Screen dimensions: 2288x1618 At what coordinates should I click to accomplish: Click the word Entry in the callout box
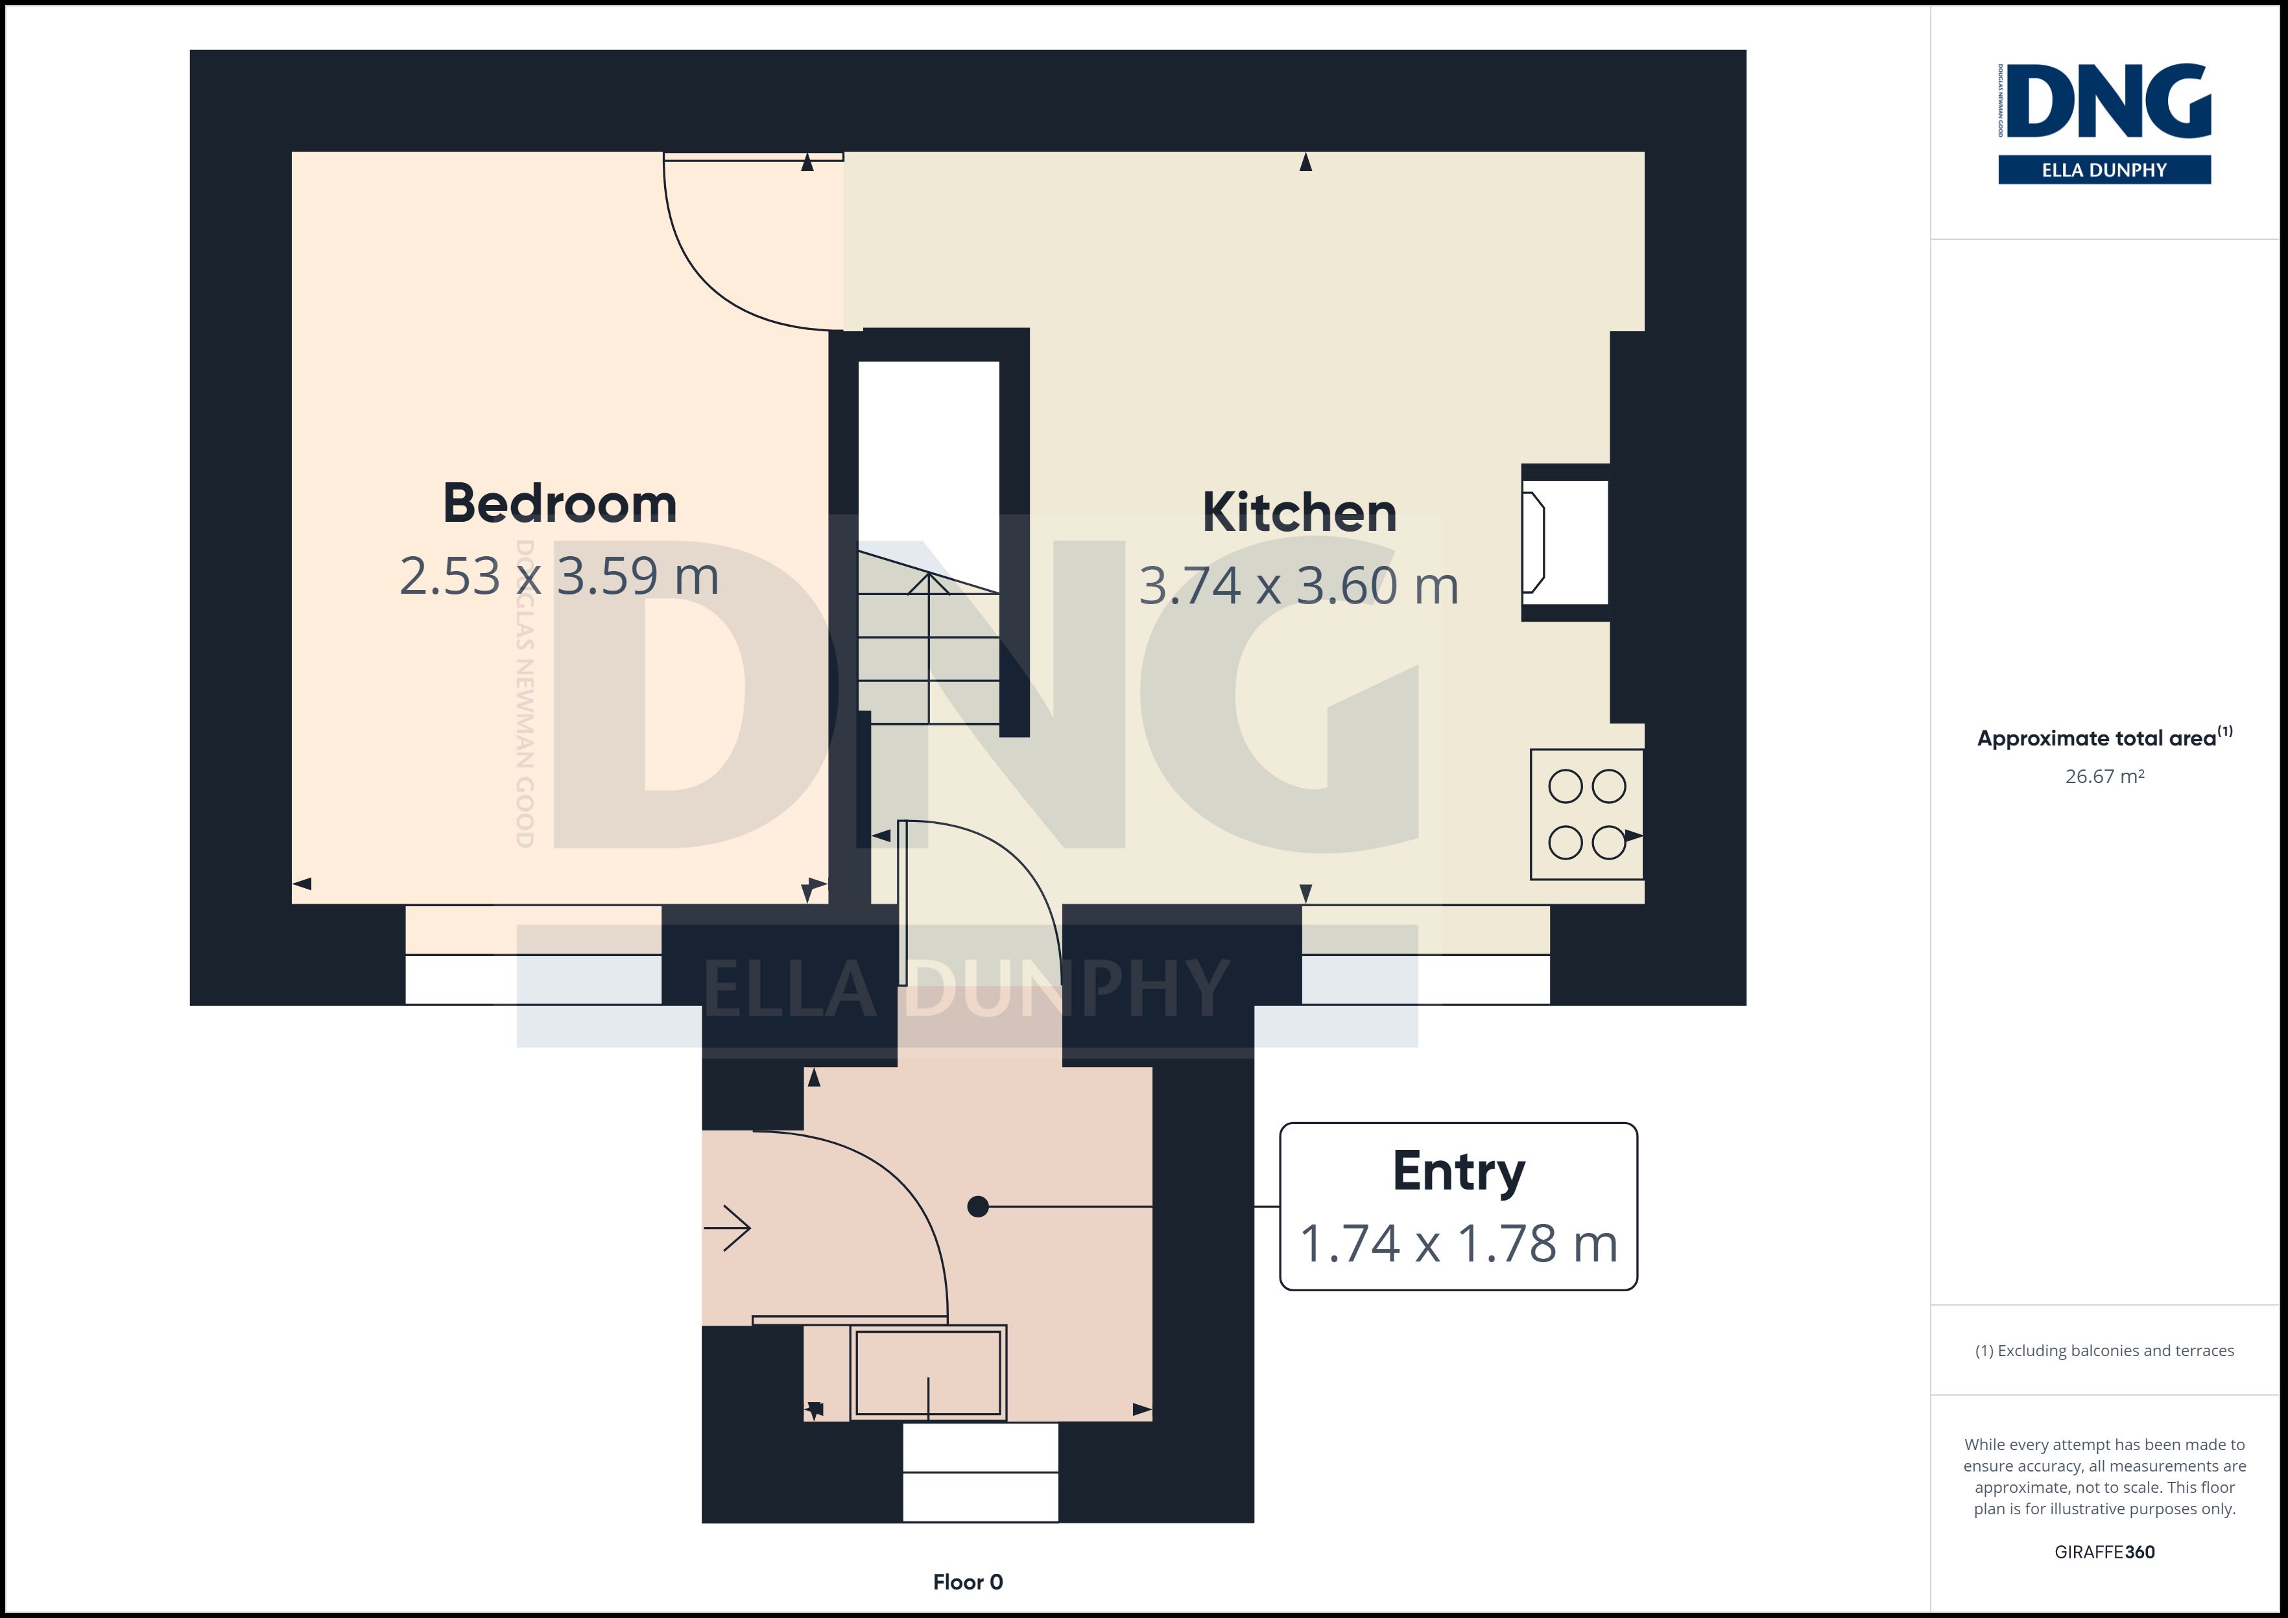pyautogui.click(x=1459, y=1171)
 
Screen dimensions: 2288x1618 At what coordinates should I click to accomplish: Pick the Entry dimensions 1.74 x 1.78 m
pyautogui.click(x=1459, y=1243)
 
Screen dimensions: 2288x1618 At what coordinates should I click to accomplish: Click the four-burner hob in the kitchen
pyautogui.click(x=1586, y=814)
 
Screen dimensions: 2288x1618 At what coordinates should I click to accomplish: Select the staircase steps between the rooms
pyautogui.click(x=929, y=638)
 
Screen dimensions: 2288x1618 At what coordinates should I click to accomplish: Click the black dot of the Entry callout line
pyautogui.click(x=977, y=1206)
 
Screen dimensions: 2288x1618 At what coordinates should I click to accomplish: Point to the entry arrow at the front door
pyautogui.click(x=728, y=1228)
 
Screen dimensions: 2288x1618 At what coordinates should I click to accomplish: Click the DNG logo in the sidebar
pyautogui.click(x=2104, y=102)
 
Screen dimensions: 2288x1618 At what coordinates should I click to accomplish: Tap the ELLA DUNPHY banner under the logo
pyautogui.click(x=2104, y=169)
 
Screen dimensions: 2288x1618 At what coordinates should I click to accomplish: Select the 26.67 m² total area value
pyautogui.click(x=2104, y=776)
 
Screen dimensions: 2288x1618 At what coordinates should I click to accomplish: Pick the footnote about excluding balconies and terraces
pyautogui.click(x=2104, y=1351)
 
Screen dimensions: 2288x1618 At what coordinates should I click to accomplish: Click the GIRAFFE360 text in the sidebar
pyautogui.click(x=2104, y=1553)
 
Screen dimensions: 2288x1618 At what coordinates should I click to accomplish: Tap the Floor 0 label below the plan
pyautogui.click(x=968, y=1582)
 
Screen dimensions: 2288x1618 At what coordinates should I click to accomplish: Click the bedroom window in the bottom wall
pyautogui.click(x=533, y=954)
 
